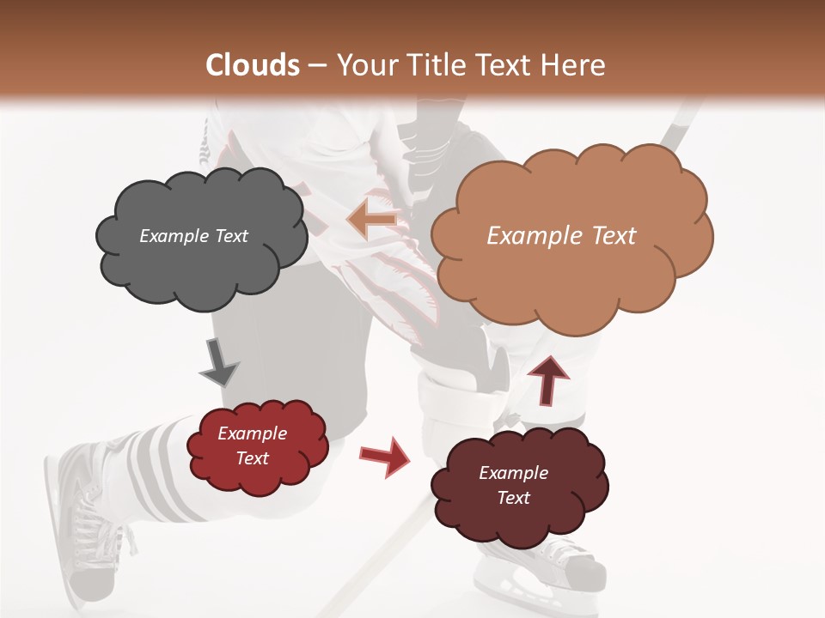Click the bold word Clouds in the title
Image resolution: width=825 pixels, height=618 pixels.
[253, 65]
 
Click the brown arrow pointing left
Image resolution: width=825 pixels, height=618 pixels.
[373, 220]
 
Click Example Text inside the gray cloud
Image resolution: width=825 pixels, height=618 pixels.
[193, 236]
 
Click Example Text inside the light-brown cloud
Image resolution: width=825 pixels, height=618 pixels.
[561, 236]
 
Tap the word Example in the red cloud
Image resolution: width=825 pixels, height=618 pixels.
[252, 433]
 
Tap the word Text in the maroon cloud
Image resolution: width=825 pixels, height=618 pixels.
[513, 498]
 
